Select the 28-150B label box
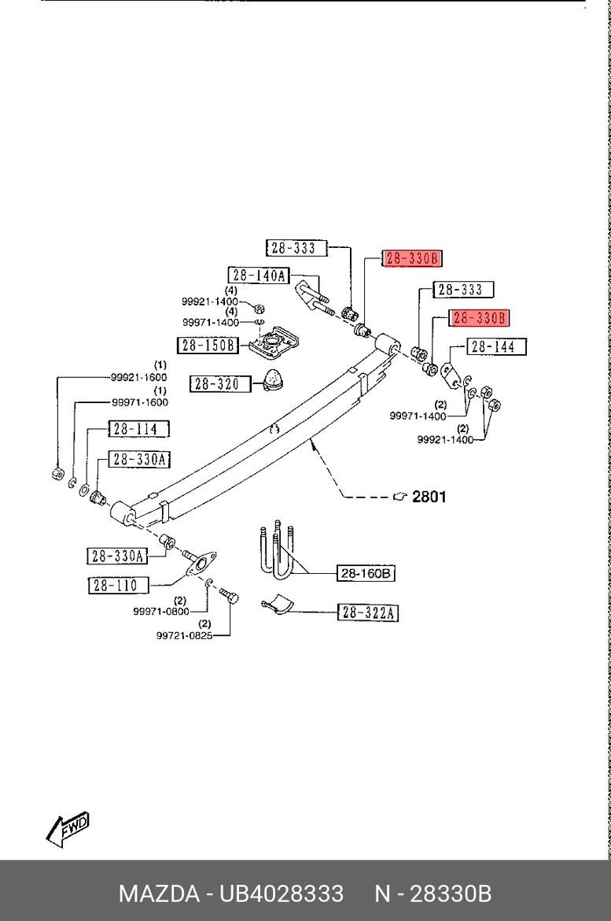[x=208, y=345]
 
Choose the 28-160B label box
[x=366, y=574]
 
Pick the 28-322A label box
[x=368, y=612]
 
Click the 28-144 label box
[x=497, y=346]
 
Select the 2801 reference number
[x=429, y=497]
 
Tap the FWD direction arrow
[x=68, y=829]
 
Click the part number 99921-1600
[x=138, y=377]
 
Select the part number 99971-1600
[x=140, y=402]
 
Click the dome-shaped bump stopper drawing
[x=275, y=379]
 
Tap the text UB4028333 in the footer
[x=281, y=894]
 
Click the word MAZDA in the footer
[x=158, y=894]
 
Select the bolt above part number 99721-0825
[x=229, y=597]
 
